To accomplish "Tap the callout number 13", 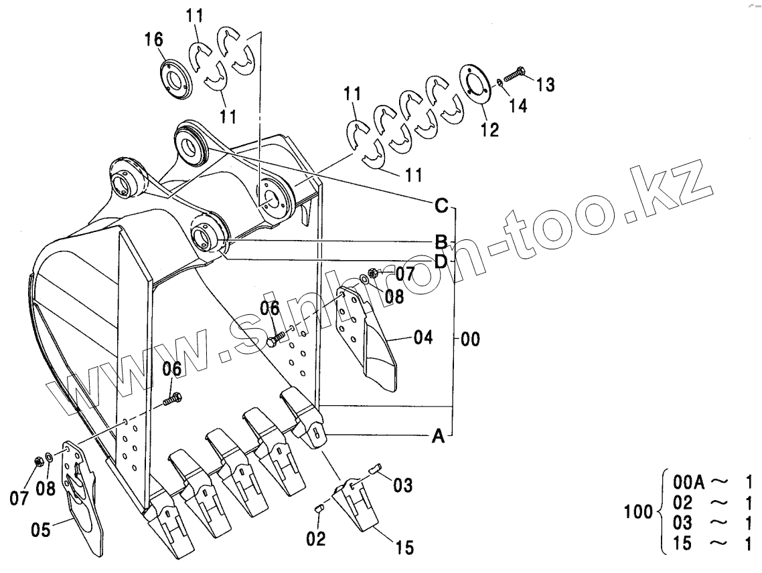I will [545, 84].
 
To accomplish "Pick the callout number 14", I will [518, 105].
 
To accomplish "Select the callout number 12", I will [489, 129].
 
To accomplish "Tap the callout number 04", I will [423, 337].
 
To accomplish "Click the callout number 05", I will [42, 532].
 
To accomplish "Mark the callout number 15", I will [404, 548].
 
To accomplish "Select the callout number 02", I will [316, 538].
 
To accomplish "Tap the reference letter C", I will [441, 206].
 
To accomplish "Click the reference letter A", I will [438, 437].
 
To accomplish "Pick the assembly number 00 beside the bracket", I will [470, 340].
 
